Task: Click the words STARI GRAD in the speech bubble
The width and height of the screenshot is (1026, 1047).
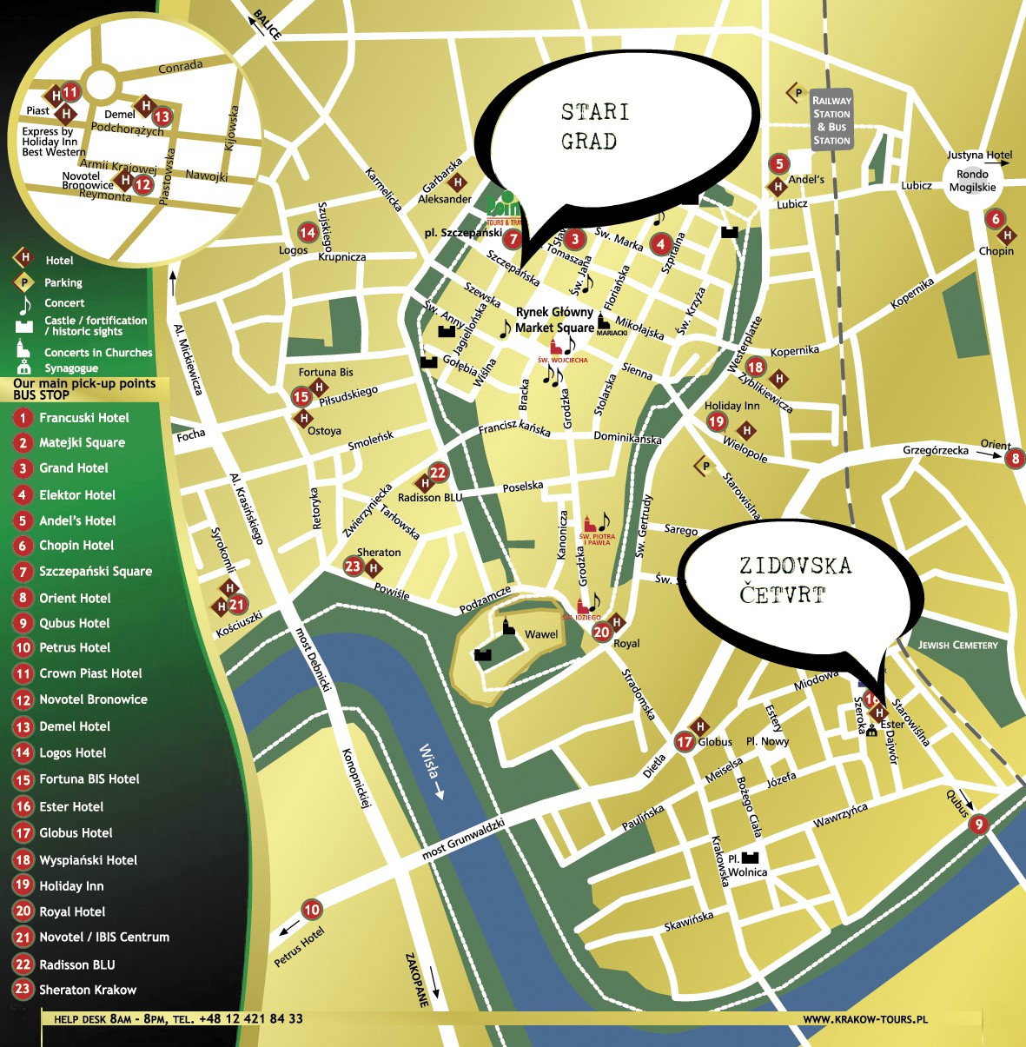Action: tap(595, 127)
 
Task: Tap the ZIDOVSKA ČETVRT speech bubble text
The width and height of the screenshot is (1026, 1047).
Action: tap(794, 580)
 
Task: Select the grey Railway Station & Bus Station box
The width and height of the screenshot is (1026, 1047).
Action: tap(831, 120)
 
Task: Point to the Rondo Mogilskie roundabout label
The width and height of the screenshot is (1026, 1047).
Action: tap(972, 181)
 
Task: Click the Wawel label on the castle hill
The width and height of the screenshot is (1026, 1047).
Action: tap(541, 634)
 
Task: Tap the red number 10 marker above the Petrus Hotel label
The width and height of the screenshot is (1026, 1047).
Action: tap(311, 910)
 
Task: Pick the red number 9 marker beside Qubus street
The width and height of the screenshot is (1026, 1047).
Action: tap(979, 825)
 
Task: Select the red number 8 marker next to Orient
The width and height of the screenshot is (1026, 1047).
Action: tap(1014, 458)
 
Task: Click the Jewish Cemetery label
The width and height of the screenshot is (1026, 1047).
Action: tap(958, 645)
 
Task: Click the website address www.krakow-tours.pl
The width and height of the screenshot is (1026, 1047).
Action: tap(864, 1019)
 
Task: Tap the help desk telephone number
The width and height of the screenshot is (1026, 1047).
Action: tap(250, 1019)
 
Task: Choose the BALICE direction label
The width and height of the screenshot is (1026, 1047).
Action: tap(267, 24)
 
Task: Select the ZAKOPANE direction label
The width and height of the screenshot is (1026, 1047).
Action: tap(418, 979)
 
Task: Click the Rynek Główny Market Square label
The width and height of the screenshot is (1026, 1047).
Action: tap(554, 320)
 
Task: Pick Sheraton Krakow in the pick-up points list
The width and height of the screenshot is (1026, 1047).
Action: tap(87, 990)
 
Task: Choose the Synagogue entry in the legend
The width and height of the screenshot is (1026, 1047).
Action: tap(71, 368)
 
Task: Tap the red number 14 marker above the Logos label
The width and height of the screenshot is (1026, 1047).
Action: tap(308, 232)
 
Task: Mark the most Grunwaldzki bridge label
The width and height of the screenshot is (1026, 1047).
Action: tap(463, 838)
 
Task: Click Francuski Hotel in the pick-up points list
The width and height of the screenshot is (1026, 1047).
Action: tap(83, 418)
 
